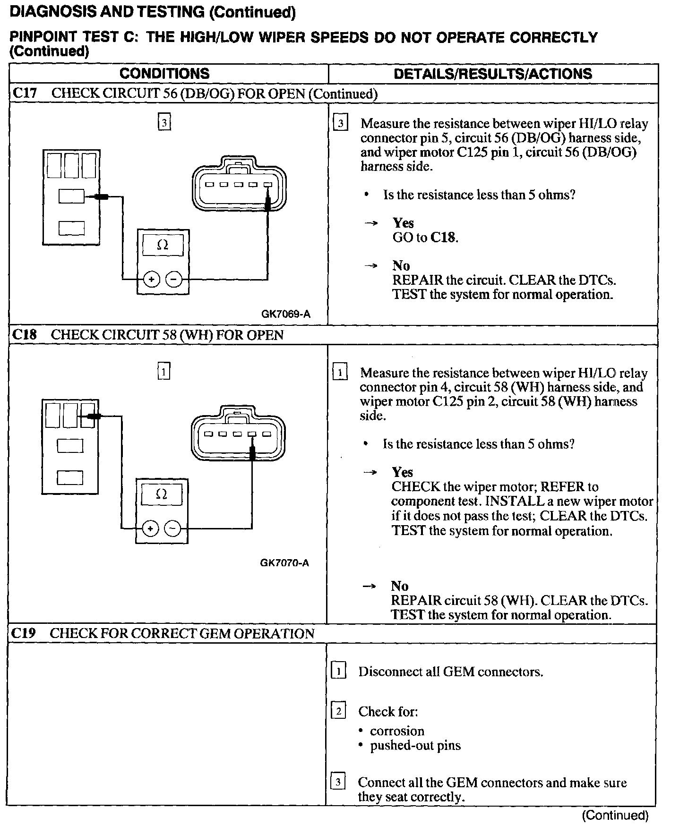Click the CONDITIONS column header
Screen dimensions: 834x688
164,74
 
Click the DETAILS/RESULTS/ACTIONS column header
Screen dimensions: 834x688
492,74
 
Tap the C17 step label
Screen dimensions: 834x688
24,93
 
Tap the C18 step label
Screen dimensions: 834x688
24,335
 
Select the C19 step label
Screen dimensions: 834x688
23,633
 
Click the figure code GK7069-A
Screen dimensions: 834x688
285,314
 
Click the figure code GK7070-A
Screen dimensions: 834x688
284,563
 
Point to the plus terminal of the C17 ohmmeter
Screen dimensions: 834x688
151,280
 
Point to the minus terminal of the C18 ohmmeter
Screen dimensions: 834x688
172,528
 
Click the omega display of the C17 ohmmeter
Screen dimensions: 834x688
163,245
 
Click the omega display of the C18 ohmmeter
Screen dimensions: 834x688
162,494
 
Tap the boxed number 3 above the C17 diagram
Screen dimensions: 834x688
163,123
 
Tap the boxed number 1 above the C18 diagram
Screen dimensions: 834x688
163,372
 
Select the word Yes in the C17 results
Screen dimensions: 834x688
403,223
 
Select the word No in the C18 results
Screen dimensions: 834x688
400,586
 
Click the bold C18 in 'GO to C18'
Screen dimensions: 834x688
444,237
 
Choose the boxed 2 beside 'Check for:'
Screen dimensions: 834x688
338,711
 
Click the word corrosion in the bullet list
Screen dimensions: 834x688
397,731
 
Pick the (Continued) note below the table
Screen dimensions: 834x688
615,815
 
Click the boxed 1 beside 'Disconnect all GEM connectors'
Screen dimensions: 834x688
338,671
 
